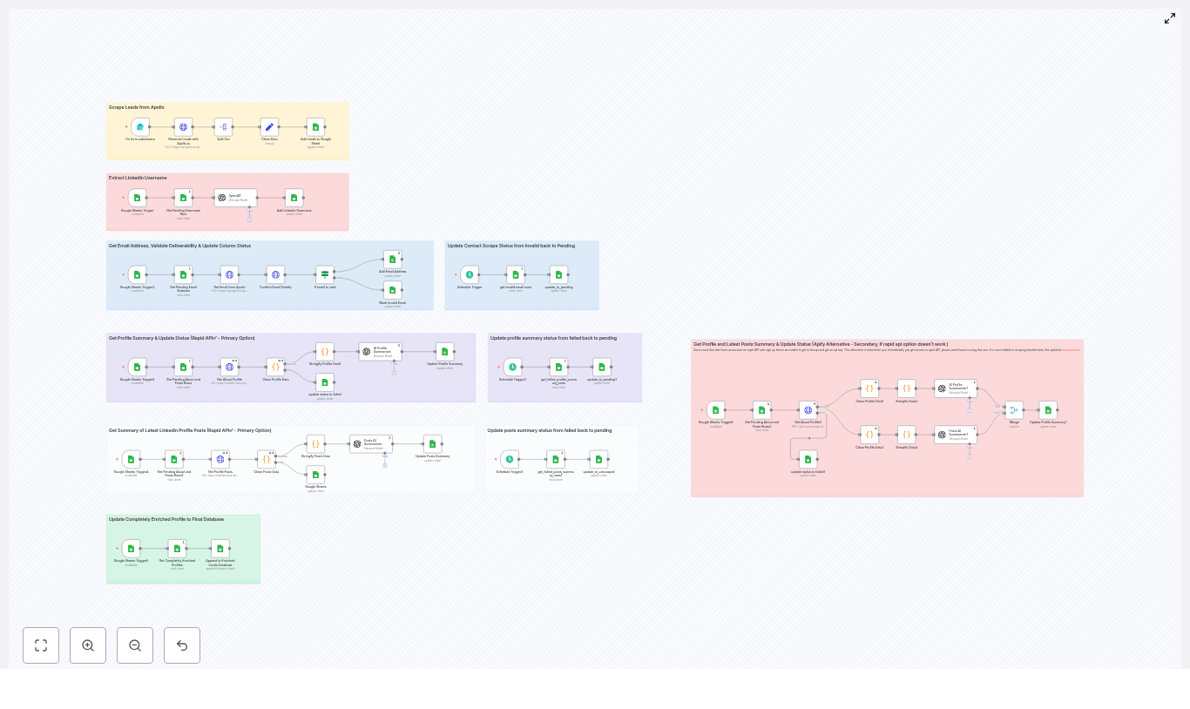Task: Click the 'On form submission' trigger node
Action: (x=139, y=127)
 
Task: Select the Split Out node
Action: (x=223, y=127)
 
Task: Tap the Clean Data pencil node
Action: (x=269, y=127)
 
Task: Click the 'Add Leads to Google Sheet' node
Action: (x=315, y=127)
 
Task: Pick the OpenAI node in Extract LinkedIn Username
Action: (x=235, y=198)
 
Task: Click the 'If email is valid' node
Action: (x=325, y=274)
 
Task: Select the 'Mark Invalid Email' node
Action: (x=393, y=290)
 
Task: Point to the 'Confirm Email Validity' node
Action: (x=275, y=274)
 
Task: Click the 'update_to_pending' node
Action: (x=558, y=274)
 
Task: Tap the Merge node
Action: (x=1014, y=410)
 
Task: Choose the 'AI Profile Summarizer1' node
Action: (x=955, y=388)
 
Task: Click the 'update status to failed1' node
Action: (x=808, y=459)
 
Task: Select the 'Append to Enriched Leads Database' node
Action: (x=220, y=549)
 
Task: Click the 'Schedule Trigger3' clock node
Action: (x=510, y=459)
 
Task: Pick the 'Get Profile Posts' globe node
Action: (x=220, y=459)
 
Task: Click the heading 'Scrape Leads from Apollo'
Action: (x=137, y=107)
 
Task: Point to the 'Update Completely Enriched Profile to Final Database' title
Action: (x=166, y=519)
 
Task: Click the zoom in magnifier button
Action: (x=88, y=645)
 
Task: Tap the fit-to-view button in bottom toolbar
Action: (x=41, y=645)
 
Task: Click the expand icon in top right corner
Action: (x=1170, y=18)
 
